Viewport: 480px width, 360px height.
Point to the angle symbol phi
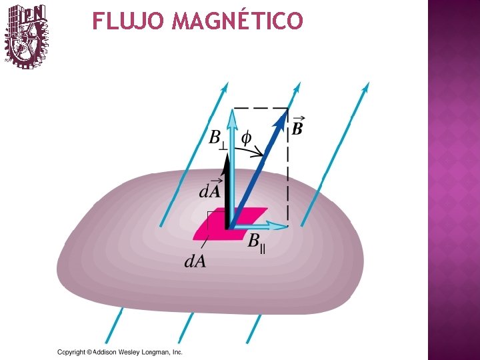[246, 138]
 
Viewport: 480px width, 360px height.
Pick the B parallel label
[257, 241]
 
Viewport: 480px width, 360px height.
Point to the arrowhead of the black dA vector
[227, 159]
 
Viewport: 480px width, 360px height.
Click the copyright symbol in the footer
[89, 352]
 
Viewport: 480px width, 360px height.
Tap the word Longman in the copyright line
[155, 352]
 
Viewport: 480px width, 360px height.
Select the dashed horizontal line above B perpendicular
[260, 108]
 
